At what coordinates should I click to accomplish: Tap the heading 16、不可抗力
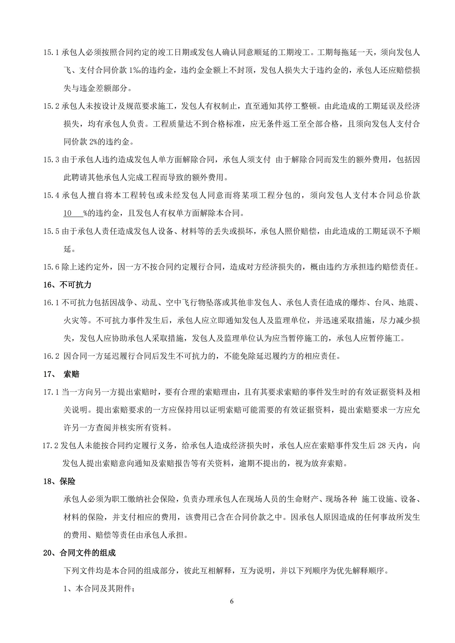click(67, 285)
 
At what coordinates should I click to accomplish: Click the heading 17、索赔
click(61, 374)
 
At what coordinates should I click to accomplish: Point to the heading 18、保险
click(59, 481)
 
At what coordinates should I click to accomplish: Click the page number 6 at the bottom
click(231, 601)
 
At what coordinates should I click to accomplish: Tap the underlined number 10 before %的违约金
click(68, 213)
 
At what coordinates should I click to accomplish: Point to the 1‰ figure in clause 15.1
click(135, 70)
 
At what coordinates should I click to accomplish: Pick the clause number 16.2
click(51, 356)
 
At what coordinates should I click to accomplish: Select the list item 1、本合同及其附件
click(99, 589)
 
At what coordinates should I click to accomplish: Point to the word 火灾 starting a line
click(71, 321)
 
